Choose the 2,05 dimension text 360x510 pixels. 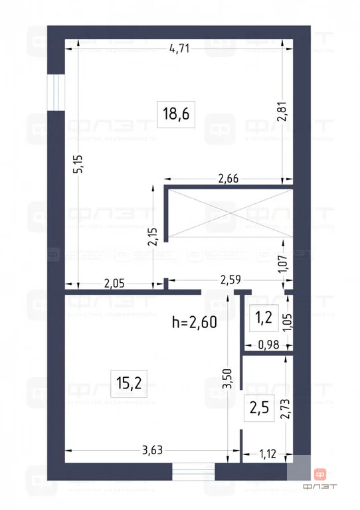click(114, 283)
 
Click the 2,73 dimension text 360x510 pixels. click(284, 405)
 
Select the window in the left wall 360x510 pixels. click(56, 92)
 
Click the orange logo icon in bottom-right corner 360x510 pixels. click(320, 474)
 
